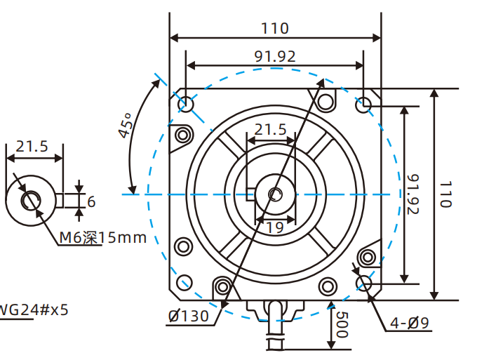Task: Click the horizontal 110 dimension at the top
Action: pyautogui.click(x=275, y=28)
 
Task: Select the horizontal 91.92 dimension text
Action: pyautogui.click(x=275, y=56)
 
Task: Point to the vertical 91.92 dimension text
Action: pyautogui.click(x=413, y=194)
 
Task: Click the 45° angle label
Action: pyautogui.click(x=126, y=126)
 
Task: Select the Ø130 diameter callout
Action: pyautogui.click(x=188, y=316)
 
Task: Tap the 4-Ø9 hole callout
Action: pyautogui.click(x=410, y=324)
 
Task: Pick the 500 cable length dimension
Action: pyautogui.click(x=342, y=326)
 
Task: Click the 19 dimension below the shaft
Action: pyautogui.click(x=274, y=227)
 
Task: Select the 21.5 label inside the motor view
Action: pyautogui.click(x=270, y=130)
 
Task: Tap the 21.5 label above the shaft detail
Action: pyautogui.click(x=32, y=146)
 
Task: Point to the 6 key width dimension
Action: pyautogui.click(x=91, y=201)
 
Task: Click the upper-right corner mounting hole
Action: pyautogui.click(x=364, y=105)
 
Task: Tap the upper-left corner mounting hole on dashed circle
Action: pyautogui.click(x=186, y=105)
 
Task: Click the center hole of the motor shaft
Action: pyautogui.click(x=276, y=194)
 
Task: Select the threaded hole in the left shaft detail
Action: pyautogui.click(x=30, y=201)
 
